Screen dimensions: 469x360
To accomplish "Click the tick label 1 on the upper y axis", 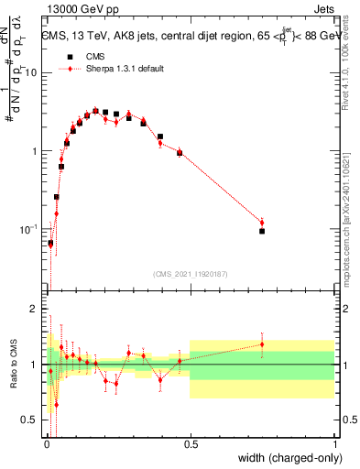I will pyautogui.click(x=35, y=150).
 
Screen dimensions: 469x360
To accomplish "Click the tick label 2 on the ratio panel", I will pyautogui.click(x=35, y=310).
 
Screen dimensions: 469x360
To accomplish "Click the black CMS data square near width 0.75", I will pyautogui.click(x=262, y=231).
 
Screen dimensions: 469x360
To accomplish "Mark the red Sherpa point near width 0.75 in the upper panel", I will pyautogui.click(x=262, y=223).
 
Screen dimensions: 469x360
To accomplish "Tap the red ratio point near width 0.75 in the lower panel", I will pyautogui.click(x=262, y=344).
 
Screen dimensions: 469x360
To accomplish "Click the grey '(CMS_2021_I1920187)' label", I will pyautogui.click(x=190, y=273).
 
